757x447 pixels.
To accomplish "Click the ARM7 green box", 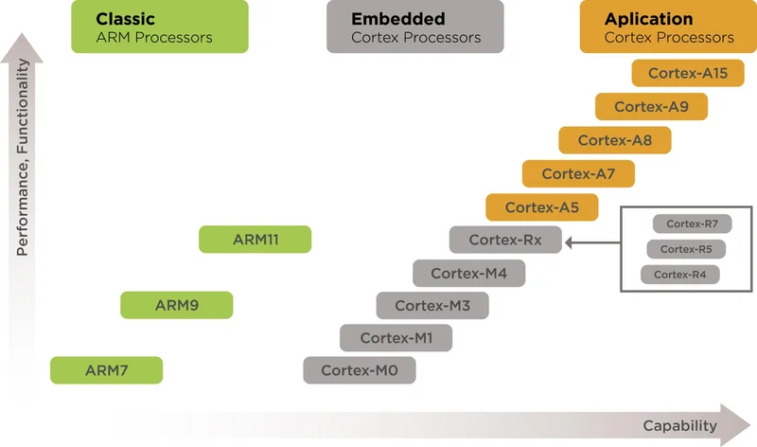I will pyautogui.click(x=106, y=369).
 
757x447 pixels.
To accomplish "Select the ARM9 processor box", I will pyautogui.click(x=176, y=305).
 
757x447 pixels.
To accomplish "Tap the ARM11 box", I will pyautogui.click(x=255, y=240).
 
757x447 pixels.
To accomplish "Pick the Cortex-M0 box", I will pyautogui.click(x=360, y=369).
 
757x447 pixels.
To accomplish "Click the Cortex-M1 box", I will pyautogui.click(x=396, y=337).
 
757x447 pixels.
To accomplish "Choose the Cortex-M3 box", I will pyautogui.click(x=432, y=305).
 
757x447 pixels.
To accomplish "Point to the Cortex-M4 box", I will pyautogui.click(x=468, y=273).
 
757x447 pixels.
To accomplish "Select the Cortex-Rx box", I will pyautogui.click(x=505, y=241).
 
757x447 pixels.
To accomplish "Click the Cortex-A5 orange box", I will pyautogui.click(x=541, y=207).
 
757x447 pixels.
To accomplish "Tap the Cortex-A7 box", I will pyautogui.click(x=578, y=174).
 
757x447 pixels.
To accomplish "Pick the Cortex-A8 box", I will pyautogui.click(x=615, y=140).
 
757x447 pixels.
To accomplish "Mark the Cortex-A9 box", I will pyautogui.click(x=651, y=107).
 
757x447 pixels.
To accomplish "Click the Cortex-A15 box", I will pyautogui.click(x=688, y=73).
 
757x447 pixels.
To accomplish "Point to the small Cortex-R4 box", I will pyautogui.click(x=679, y=275).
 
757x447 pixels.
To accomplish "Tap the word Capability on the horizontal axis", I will pyautogui.click(x=676, y=425).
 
